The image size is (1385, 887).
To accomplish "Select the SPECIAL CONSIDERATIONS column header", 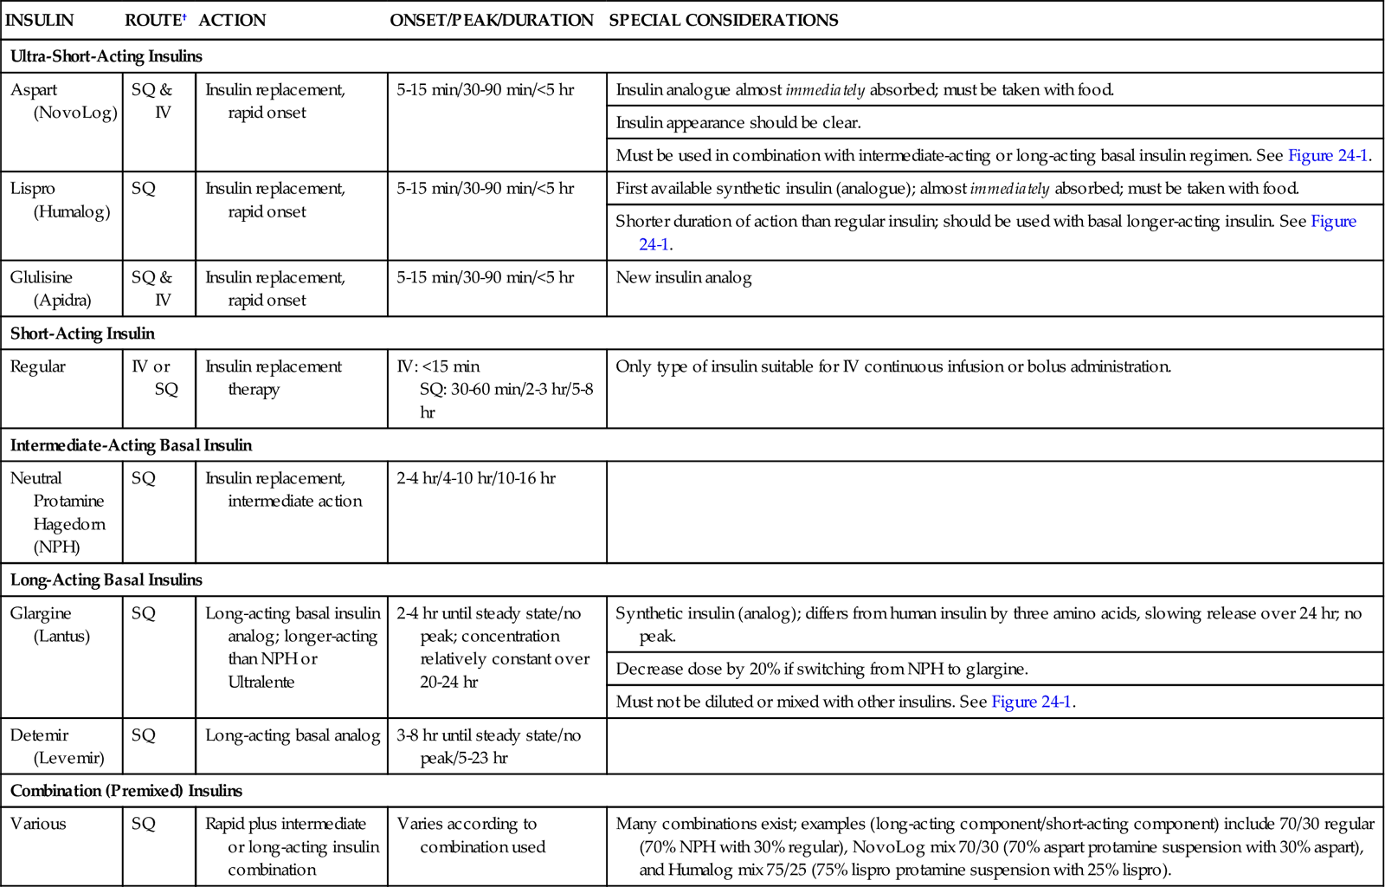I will (x=723, y=20).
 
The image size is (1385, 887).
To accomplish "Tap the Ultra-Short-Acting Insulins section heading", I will (x=106, y=56).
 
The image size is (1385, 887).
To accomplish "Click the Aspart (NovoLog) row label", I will (x=63, y=100).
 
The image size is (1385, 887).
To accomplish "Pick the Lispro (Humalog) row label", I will (x=60, y=199).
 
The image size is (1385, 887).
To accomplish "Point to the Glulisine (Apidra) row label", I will (x=51, y=288).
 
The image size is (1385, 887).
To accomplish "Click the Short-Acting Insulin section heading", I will (x=82, y=333).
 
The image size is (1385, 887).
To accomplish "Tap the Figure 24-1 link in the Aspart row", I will (x=1328, y=156).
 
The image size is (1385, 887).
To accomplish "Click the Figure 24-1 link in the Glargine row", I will (x=1031, y=702).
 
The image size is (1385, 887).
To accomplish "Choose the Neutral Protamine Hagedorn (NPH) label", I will (x=57, y=512).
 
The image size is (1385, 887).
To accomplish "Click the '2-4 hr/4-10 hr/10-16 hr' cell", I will (x=476, y=478).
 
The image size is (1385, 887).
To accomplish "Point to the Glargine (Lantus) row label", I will (x=50, y=625).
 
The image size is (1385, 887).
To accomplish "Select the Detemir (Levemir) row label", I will (x=57, y=746).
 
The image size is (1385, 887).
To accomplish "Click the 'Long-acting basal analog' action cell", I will (x=293, y=735).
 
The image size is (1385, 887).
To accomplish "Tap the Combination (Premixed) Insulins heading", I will (x=126, y=791).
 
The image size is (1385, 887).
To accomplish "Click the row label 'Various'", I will (x=38, y=824).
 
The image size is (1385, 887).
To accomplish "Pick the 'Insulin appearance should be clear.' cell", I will (x=738, y=123).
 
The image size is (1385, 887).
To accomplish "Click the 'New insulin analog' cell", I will (x=684, y=278).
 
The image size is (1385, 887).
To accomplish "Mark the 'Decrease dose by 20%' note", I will (x=821, y=669).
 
